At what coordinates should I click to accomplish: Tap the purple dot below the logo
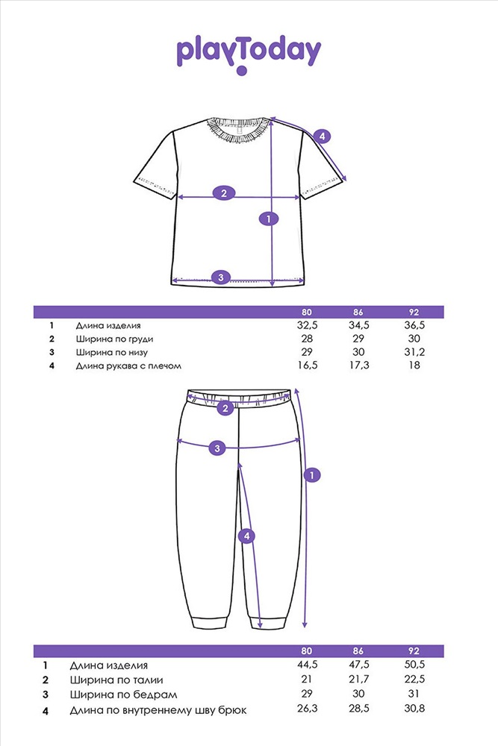click(242, 71)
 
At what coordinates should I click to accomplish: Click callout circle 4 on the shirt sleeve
click(323, 137)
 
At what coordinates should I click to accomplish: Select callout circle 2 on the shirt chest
click(224, 193)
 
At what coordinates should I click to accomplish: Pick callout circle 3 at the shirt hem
click(221, 278)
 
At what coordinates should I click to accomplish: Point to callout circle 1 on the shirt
click(269, 219)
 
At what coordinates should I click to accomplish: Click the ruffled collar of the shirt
click(239, 129)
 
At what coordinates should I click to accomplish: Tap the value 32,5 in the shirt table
click(307, 325)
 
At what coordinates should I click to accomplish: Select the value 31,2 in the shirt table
click(414, 352)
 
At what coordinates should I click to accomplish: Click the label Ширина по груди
click(114, 339)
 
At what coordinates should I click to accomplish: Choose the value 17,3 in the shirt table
click(358, 366)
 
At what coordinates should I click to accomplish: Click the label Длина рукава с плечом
click(128, 366)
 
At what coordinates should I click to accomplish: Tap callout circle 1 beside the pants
click(312, 474)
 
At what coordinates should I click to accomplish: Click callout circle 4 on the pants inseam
click(246, 536)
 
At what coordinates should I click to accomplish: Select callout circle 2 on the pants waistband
click(225, 408)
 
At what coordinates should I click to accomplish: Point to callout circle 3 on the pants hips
click(217, 448)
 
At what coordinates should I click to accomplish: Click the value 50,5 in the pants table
click(414, 665)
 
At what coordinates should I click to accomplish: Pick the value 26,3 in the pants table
click(307, 709)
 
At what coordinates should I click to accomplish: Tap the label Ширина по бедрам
click(123, 695)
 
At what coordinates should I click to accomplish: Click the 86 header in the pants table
click(358, 651)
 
